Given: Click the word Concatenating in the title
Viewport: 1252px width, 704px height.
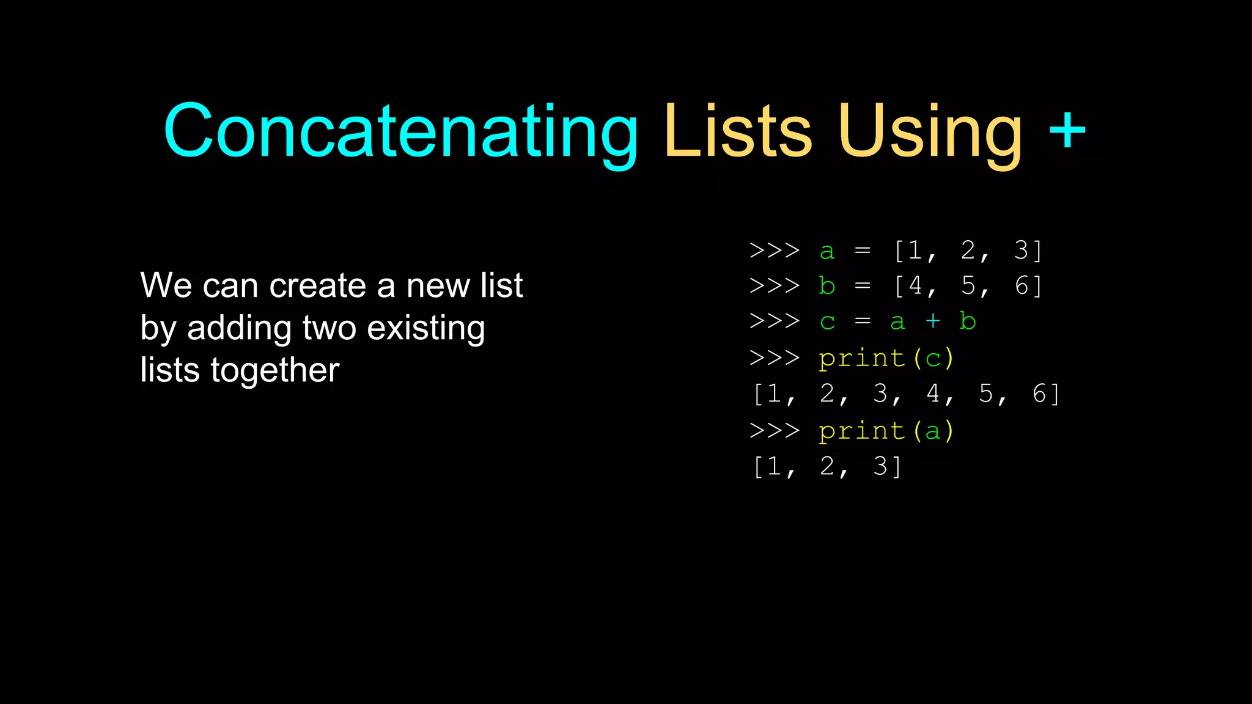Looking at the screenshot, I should coord(400,131).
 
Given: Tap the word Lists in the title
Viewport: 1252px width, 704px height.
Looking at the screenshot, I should coord(738,131).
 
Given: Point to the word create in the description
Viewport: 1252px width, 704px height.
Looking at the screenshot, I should coord(317,285).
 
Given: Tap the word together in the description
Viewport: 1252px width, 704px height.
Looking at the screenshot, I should coord(274,370).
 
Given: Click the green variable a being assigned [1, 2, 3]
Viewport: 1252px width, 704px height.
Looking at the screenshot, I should coord(827,251).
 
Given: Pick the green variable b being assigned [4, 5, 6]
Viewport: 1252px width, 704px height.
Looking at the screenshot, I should coord(827,285).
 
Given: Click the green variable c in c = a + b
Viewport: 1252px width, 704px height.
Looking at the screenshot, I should coord(827,322).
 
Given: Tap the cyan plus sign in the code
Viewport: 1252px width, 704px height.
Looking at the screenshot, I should coord(932,321).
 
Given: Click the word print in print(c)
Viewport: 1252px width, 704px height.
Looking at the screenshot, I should coord(862,359).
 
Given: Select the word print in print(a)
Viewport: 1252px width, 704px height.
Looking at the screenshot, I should coord(862,431).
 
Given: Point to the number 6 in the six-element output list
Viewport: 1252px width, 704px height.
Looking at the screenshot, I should coord(1039,394).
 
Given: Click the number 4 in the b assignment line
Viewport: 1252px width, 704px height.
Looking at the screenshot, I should coord(915,285).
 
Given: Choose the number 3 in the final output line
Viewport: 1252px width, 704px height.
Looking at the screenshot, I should coord(880,466).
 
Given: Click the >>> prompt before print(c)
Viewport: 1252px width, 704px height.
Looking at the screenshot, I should coord(775,358).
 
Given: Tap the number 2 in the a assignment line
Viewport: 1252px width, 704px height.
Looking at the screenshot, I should coord(968,250).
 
